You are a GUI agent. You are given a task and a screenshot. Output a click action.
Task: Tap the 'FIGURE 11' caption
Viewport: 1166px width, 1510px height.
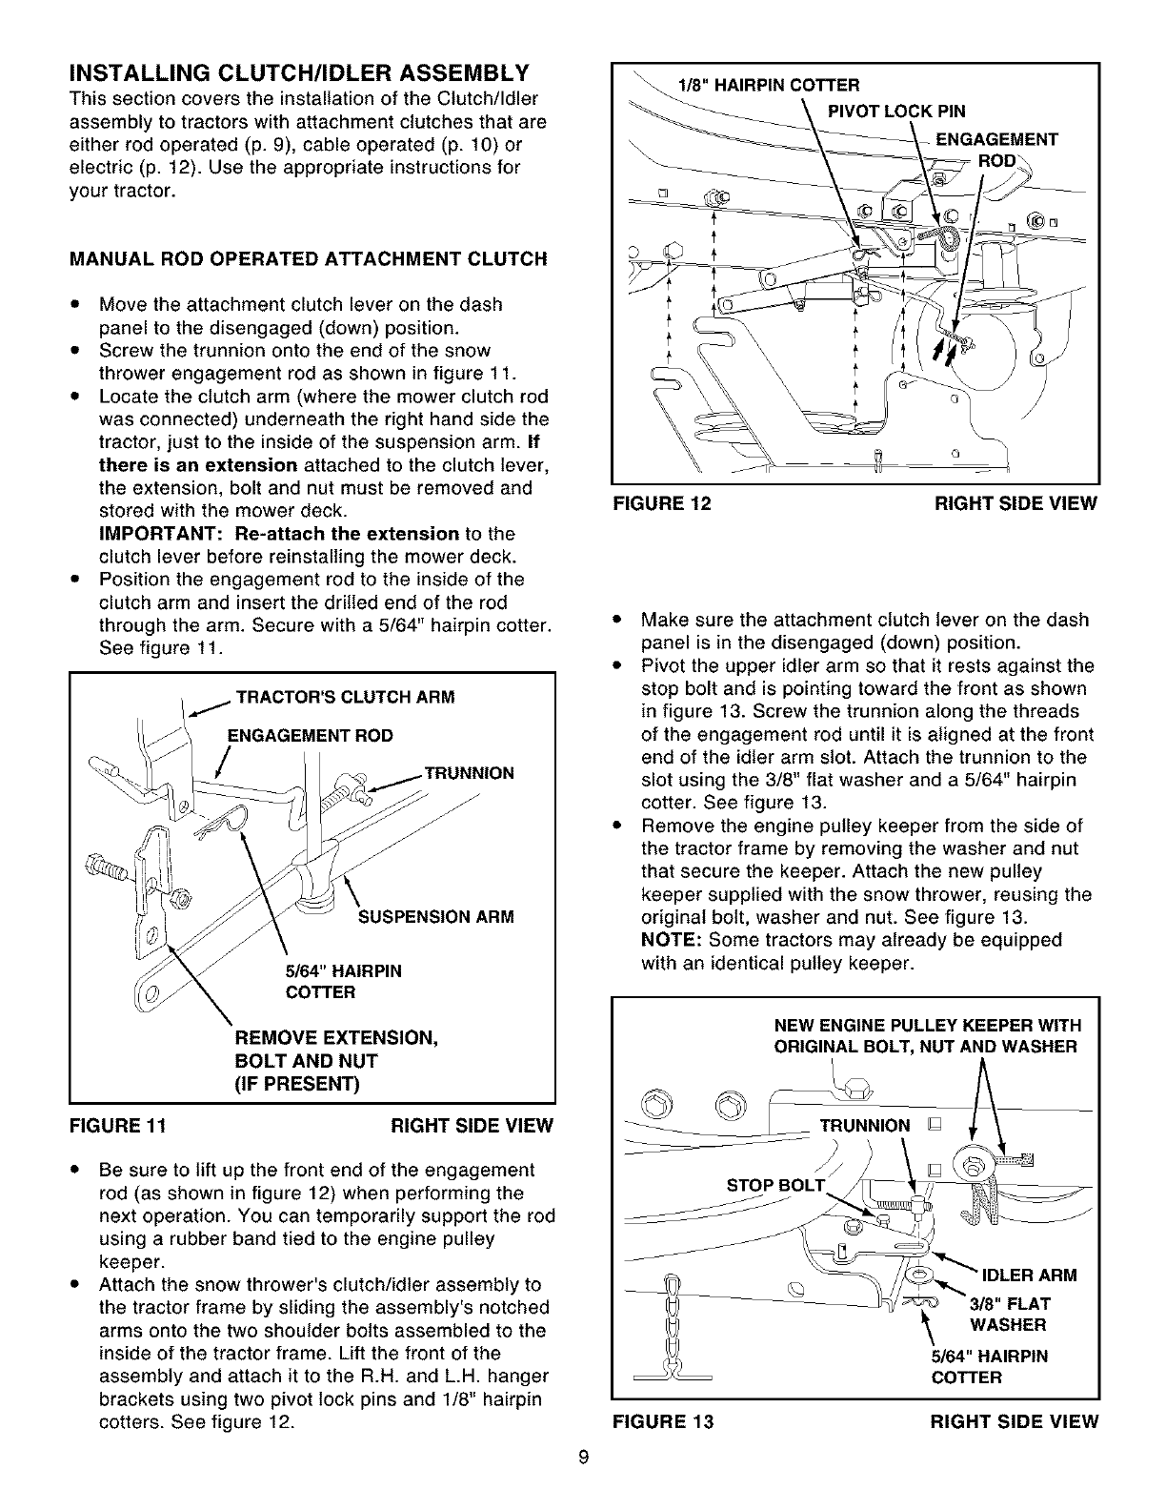pyautogui.click(x=119, y=1125)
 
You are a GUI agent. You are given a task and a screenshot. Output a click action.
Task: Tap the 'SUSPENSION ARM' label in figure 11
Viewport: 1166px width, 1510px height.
pyautogui.click(x=435, y=917)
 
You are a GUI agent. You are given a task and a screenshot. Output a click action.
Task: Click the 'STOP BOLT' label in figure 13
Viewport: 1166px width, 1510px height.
pyautogui.click(x=774, y=1187)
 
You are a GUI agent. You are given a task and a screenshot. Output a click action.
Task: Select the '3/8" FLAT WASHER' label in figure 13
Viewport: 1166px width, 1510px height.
pyautogui.click(x=1010, y=1314)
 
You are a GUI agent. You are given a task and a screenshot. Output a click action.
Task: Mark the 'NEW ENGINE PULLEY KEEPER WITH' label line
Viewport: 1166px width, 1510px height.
pyautogui.click(x=927, y=1026)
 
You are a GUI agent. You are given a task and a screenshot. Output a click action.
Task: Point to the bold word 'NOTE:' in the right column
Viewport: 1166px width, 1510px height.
pyautogui.click(x=673, y=940)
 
